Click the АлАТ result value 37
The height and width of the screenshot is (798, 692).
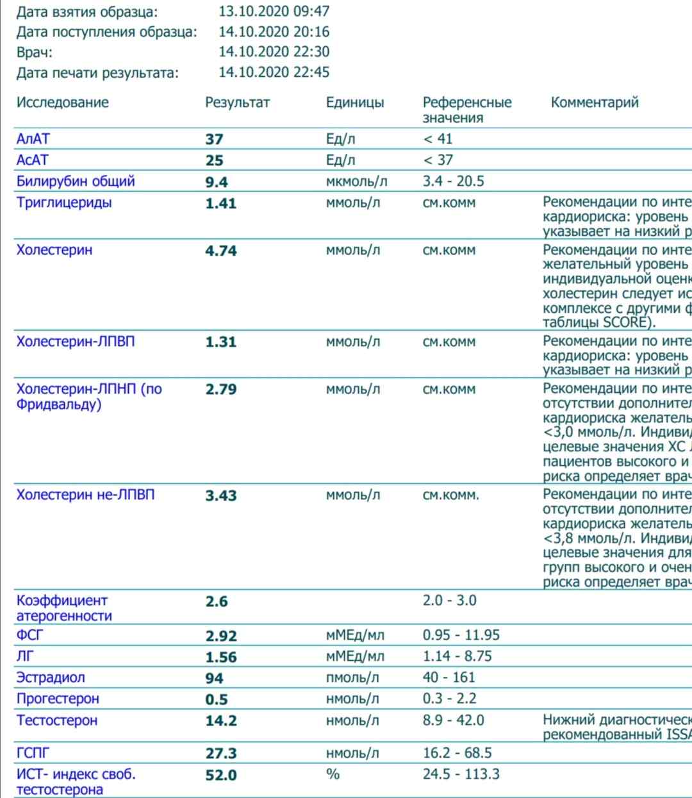[x=214, y=139]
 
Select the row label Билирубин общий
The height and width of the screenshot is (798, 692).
[x=76, y=181]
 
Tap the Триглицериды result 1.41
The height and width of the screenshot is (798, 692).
[x=220, y=204]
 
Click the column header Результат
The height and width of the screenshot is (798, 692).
[x=237, y=103]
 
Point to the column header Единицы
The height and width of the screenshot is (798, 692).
[x=354, y=103]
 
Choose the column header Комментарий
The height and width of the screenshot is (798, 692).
[x=594, y=103]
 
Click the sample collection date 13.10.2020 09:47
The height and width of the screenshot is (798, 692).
[x=274, y=12]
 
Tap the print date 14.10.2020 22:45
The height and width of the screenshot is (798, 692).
[x=274, y=72]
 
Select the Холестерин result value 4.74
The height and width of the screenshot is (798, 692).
[x=220, y=251]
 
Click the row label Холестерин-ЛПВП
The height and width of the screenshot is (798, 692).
[x=76, y=342]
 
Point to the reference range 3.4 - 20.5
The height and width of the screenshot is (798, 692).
[x=453, y=181]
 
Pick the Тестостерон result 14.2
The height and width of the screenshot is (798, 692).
[x=220, y=721]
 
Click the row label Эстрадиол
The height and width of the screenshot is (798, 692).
[x=51, y=677]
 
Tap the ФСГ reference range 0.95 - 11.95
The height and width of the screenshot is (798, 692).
[x=461, y=635]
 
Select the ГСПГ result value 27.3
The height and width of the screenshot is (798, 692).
[x=220, y=754]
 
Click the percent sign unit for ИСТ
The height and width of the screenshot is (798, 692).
[x=333, y=774]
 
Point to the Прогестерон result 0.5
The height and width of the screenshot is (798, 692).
[x=217, y=699]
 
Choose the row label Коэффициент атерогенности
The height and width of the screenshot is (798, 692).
[x=63, y=608]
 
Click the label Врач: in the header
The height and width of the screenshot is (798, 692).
[x=35, y=53]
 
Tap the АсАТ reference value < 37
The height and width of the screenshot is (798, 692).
[x=438, y=160]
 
